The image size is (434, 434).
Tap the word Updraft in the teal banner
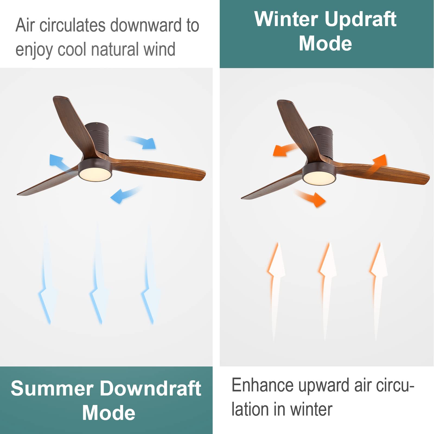point(360,20)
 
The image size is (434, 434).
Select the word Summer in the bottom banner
point(52,388)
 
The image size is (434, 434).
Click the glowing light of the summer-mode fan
point(95,173)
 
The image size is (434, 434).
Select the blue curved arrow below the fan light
point(125,194)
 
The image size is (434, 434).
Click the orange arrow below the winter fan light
point(311,197)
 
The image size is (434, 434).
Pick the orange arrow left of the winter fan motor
point(285,150)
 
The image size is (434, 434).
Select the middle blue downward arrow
point(98,274)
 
